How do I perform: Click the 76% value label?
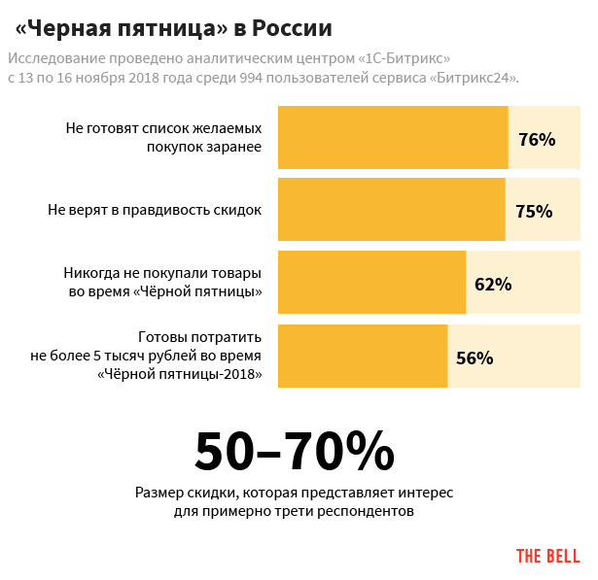click(x=537, y=139)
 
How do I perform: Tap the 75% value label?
click(x=534, y=211)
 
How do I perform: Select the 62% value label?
click(x=493, y=284)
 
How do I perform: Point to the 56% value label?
click(x=475, y=357)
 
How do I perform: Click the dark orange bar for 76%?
click(x=393, y=139)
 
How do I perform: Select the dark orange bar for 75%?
click(x=392, y=210)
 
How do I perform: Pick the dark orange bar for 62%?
click(x=371, y=283)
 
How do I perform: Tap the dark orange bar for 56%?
click(x=363, y=356)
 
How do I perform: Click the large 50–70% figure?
click(x=295, y=450)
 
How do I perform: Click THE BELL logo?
click(x=547, y=556)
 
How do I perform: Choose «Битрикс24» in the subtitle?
click(x=473, y=78)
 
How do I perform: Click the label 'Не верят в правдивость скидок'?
click(x=155, y=210)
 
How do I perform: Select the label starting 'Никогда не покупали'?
click(x=164, y=282)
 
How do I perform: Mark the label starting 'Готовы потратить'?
click(x=147, y=356)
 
